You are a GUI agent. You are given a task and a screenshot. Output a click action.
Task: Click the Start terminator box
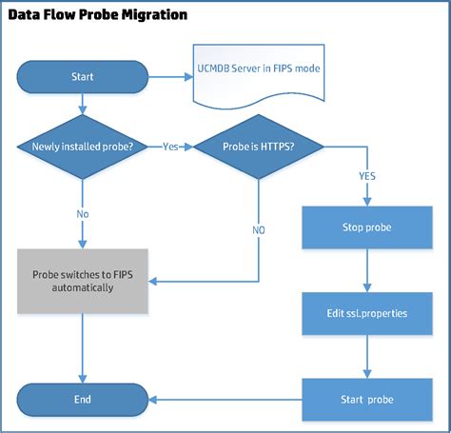click(x=82, y=76)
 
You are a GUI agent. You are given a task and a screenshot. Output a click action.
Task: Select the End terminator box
click(x=82, y=399)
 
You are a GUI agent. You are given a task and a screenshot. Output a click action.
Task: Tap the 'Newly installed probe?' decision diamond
click(x=82, y=147)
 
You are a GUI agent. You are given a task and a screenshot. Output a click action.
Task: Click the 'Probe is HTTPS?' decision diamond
click(x=258, y=147)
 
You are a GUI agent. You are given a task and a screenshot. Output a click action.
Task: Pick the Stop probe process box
click(x=367, y=228)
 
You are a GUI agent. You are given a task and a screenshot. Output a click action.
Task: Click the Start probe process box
click(x=367, y=399)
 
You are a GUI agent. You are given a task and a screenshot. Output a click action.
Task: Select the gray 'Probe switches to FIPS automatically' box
click(x=82, y=280)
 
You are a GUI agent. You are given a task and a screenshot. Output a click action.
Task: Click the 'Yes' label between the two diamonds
click(x=171, y=147)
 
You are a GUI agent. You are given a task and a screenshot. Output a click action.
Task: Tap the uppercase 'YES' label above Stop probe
click(x=367, y=177)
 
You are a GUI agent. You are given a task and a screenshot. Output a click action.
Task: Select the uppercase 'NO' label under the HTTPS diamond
click(x=259, y=230)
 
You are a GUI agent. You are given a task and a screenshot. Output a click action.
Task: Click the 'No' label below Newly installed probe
click(x=82, y=214)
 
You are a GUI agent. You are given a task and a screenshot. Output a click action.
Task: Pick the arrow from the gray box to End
click(x=82, y=347)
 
